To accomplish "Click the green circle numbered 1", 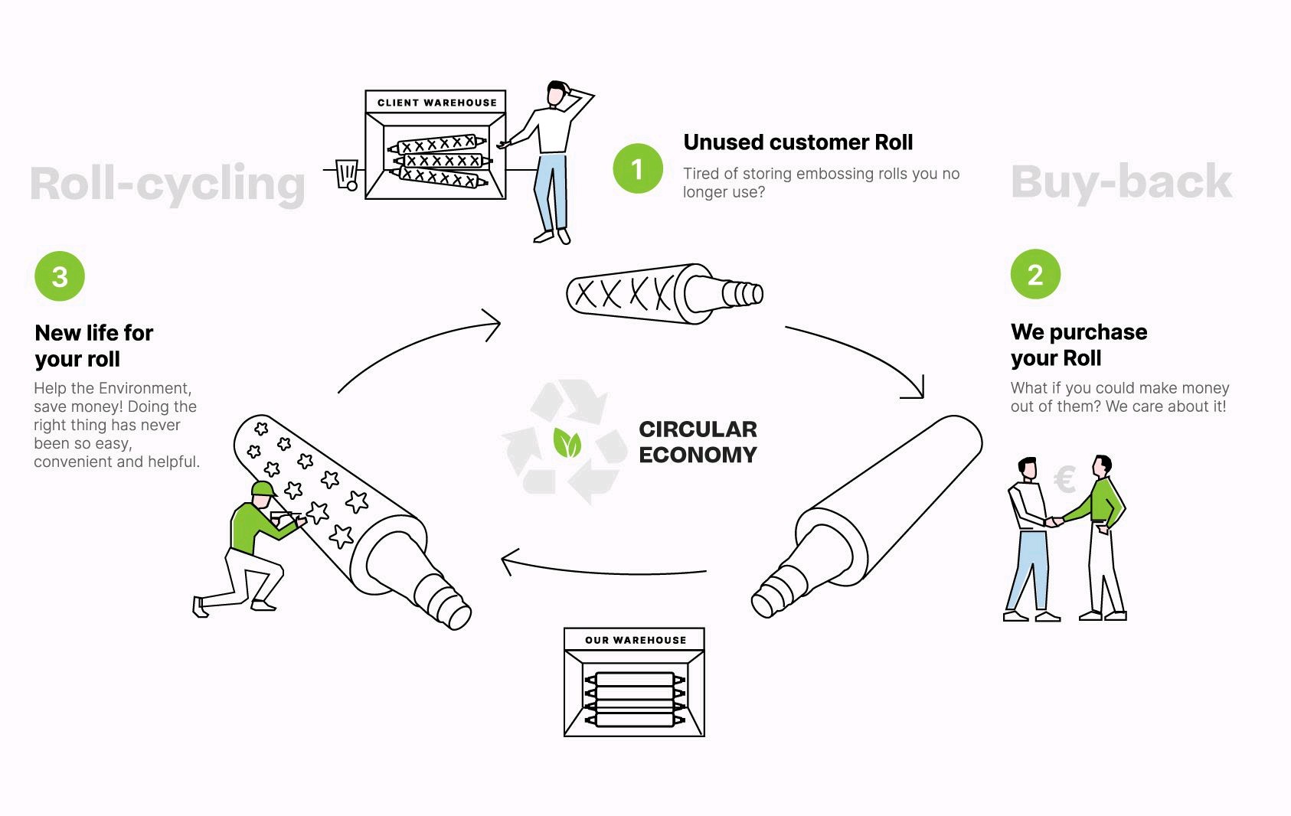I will (637, 168).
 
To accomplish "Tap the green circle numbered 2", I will (1035, 274).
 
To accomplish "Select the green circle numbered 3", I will (60, 276).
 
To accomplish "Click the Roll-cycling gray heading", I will (167, 184).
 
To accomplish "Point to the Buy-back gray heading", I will (1121, 182).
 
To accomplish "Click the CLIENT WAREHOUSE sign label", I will (436, 103).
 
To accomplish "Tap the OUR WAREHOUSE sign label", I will (636, 640).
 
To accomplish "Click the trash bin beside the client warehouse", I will (348, 174).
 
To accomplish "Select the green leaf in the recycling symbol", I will (567, 443).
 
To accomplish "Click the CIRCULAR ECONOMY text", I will (698, 442).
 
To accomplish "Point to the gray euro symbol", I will (1064, 480).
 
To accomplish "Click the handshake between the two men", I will (1055, 522).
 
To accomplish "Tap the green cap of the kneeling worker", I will (263, 489).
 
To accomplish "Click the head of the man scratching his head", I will (557, 94).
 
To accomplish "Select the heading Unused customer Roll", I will (798, 142).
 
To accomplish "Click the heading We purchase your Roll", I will (1078, 344).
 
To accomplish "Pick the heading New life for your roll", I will (93, 346).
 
